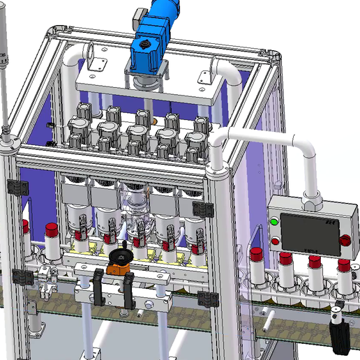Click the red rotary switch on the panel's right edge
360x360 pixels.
[x=345, y=239]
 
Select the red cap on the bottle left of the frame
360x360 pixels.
[x=51, y=230]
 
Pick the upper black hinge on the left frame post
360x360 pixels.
[x=15, y=188]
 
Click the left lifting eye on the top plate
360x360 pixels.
[x=92, y=54]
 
